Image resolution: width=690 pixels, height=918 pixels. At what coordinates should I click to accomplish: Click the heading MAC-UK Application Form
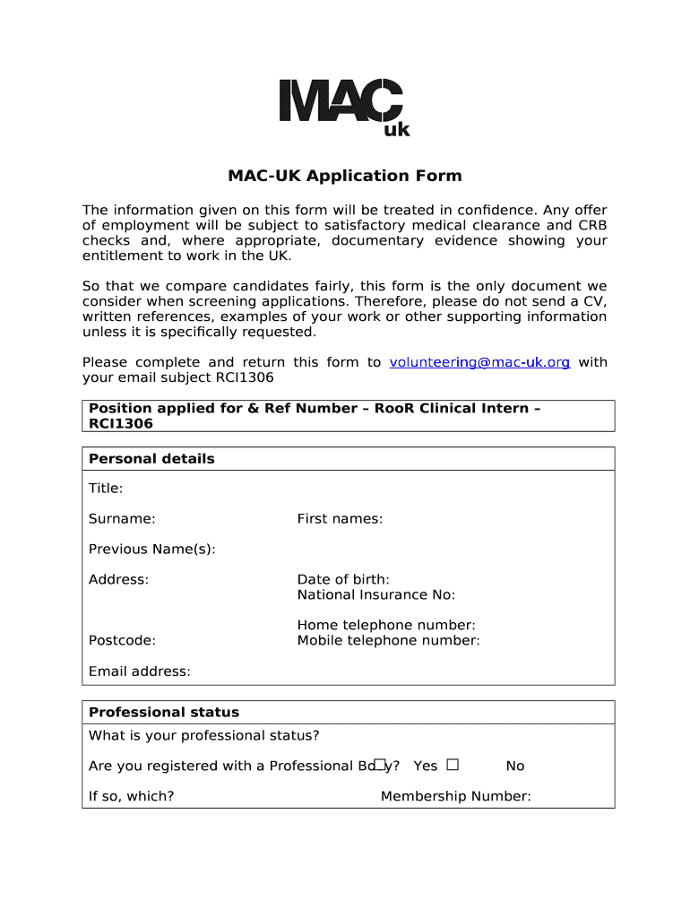pyautogui.click(x=344, y=176)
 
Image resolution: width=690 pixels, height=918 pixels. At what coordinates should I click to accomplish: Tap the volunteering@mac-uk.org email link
pyautogui.click(x=479, y=362)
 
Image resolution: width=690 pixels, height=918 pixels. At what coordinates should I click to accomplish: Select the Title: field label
pyautogui.click(x=106, y=489)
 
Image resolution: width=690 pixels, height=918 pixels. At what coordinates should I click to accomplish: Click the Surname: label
pyautogui.click(x=122, y=519)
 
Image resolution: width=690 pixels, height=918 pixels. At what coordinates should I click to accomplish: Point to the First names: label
pyautogui.click(x=340, y=519)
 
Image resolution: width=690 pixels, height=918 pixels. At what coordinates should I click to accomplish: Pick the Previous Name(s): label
pyautogui.click(x=151, y=549)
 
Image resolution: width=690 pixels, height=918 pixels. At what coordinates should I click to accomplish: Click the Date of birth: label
pyautogui.click(x=343, y=580)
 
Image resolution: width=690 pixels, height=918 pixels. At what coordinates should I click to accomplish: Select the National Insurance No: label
pyautogui.click(x=376, y=595)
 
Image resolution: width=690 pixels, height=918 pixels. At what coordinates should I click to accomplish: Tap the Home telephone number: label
pyautogui.click(x=386, y=625)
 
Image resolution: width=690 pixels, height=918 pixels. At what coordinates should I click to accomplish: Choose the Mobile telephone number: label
pyautogui.click(x=389, y=640)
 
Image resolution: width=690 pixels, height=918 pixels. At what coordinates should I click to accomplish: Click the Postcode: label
pyautogui.click(x=122, y=640)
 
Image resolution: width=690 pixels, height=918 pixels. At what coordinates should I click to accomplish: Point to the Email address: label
pyautogui.click(x=139, y=671)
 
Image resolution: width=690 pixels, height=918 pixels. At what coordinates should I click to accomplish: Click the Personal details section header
pyautogui.click(x=151, y=459)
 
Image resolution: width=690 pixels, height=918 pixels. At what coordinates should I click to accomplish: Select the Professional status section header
pyautogui.click(x=164, y=713)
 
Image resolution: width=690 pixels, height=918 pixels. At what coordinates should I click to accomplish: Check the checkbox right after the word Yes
pyautogui.click(x=453, y=765)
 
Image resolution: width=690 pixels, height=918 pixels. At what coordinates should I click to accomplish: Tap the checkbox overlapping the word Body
pyautogui.click(x=379, y=765)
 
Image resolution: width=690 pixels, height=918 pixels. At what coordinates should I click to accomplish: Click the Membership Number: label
pyautogui.click(x=455, y=796)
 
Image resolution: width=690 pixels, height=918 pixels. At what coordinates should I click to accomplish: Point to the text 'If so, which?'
pyautogui.click(x=131, y=796)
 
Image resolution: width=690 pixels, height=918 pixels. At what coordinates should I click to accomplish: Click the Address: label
pyautogui.click(x=118, y=580)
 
